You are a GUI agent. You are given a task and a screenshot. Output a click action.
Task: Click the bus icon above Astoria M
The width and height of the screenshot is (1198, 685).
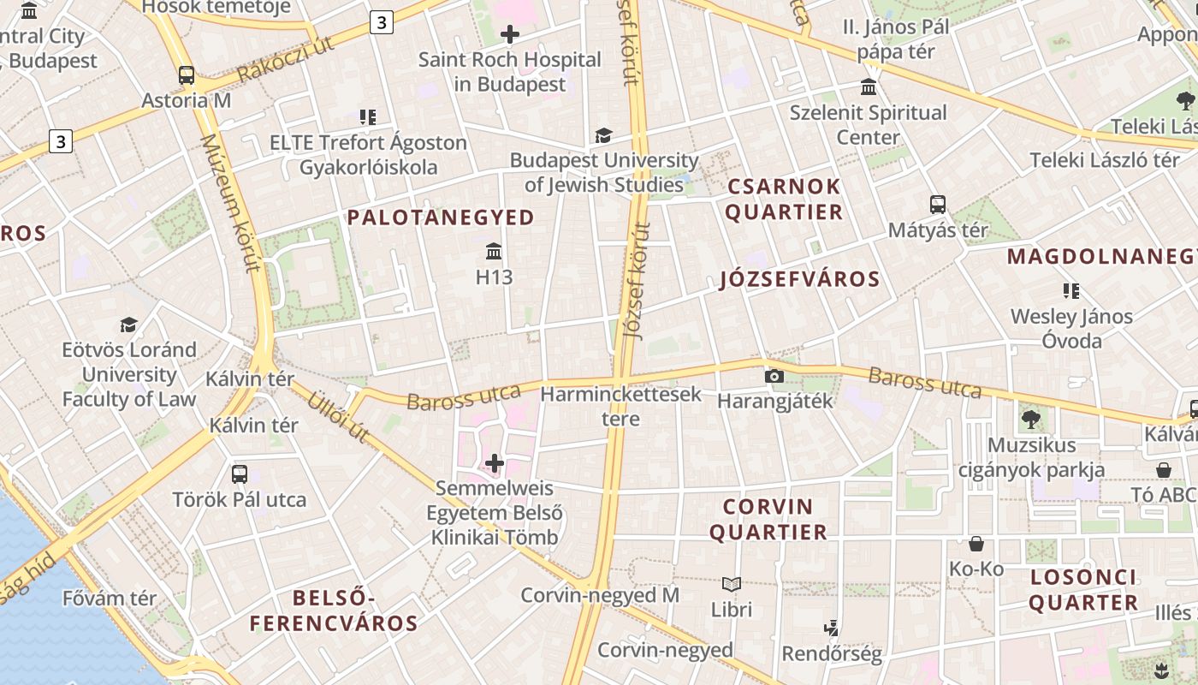tap(187, 75)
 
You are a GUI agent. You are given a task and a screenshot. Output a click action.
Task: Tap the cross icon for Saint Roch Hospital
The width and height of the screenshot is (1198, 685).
tap(510, 34)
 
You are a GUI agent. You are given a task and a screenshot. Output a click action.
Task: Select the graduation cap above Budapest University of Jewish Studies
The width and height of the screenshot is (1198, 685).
tap(603, 135)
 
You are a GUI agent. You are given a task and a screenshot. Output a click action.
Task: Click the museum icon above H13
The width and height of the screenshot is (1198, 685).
tap(494, 252)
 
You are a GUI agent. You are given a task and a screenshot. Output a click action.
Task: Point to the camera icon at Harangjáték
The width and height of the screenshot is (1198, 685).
tap(774, 376)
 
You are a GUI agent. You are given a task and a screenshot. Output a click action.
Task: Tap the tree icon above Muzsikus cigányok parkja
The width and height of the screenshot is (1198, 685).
tap(1031, 420)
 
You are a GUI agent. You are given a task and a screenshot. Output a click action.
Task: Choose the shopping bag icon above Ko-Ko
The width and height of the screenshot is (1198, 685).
tap(976, 544)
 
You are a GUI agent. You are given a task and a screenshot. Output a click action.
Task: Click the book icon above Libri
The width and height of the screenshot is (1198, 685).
tap(732, 585)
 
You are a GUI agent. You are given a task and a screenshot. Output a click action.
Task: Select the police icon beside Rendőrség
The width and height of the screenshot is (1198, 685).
tap(831, 628)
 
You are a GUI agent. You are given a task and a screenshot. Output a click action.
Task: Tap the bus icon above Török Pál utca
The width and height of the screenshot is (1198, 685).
tap(240, 474)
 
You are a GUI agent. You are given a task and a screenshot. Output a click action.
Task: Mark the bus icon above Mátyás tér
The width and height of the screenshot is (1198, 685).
tap(938, 205)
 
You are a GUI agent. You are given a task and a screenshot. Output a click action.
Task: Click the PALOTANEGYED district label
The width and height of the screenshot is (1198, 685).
tap(441, 217)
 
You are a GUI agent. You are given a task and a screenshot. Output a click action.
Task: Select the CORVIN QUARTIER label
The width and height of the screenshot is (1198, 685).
tap(768, 519)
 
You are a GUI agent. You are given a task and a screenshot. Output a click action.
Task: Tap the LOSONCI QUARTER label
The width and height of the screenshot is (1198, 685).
tap(1083, 589)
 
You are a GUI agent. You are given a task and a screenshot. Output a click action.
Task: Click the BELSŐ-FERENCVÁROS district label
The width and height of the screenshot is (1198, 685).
tap(334, 610)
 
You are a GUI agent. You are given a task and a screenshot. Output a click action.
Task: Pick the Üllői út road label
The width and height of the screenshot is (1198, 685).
tap(338, 417)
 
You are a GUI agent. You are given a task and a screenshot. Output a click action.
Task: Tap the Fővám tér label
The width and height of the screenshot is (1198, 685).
tap(110, 598)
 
